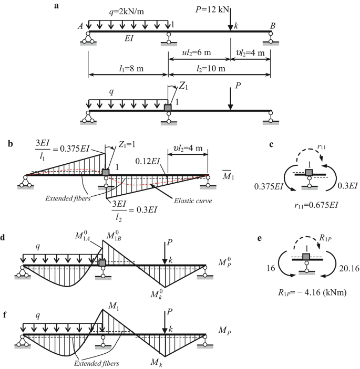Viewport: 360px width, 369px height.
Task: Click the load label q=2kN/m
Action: [x=127, y=12]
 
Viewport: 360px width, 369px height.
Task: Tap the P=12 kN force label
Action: [x=212, y=9]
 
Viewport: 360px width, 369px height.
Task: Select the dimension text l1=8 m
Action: [x=131, y=68]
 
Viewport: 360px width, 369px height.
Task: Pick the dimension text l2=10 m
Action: [x=211, y=68]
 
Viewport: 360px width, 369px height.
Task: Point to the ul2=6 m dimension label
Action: [x=197, y=52]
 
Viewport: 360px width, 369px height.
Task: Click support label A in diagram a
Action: [x=80, y=26]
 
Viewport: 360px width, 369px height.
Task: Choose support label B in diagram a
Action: [x=273, y=26]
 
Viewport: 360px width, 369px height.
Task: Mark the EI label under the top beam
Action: [x=129, y=38]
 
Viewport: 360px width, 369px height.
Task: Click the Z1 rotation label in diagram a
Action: [x=183, y=87]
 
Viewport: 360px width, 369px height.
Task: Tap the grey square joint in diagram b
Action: [x=106, y=172]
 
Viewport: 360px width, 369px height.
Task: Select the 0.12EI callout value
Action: [x=148, y=161]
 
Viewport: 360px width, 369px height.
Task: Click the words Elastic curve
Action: [x=193, y=201]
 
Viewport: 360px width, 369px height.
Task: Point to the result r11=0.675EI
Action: [x=316, y=205]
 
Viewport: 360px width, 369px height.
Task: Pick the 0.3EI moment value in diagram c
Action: [x=348, y=186]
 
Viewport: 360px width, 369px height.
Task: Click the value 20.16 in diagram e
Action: [x=349, y=268]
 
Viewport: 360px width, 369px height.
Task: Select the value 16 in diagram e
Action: [x=271, y=268]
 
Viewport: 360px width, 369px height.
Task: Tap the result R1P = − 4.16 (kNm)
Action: [x=312, y=292]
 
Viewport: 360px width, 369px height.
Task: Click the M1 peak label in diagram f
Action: [x=114, y=306]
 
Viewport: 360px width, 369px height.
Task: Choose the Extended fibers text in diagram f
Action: [x=97, y=363]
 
